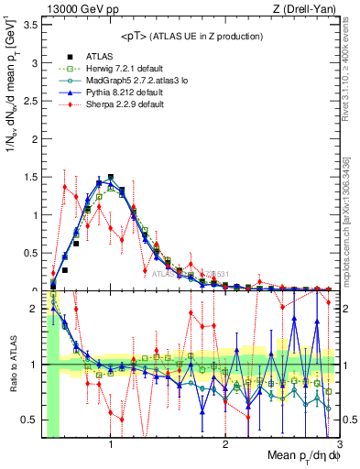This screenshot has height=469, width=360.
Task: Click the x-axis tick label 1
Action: tap(111, 445)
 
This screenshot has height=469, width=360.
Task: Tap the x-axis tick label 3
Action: tap(338, 445)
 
